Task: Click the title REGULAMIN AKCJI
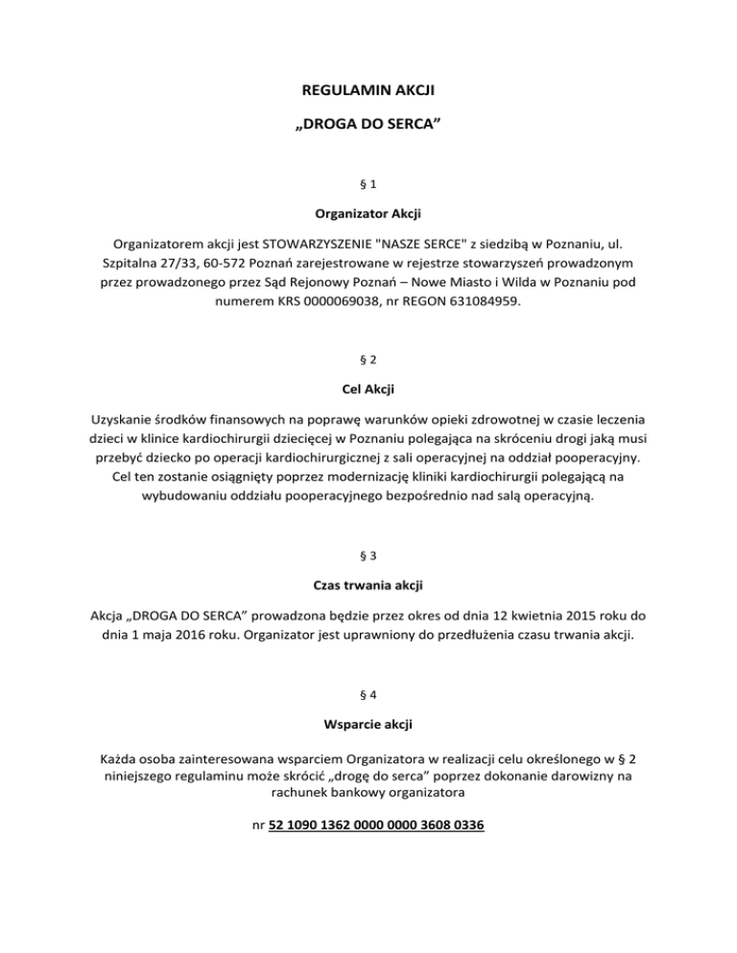coord(368,94)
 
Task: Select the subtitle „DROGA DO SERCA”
coord(368,125)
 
